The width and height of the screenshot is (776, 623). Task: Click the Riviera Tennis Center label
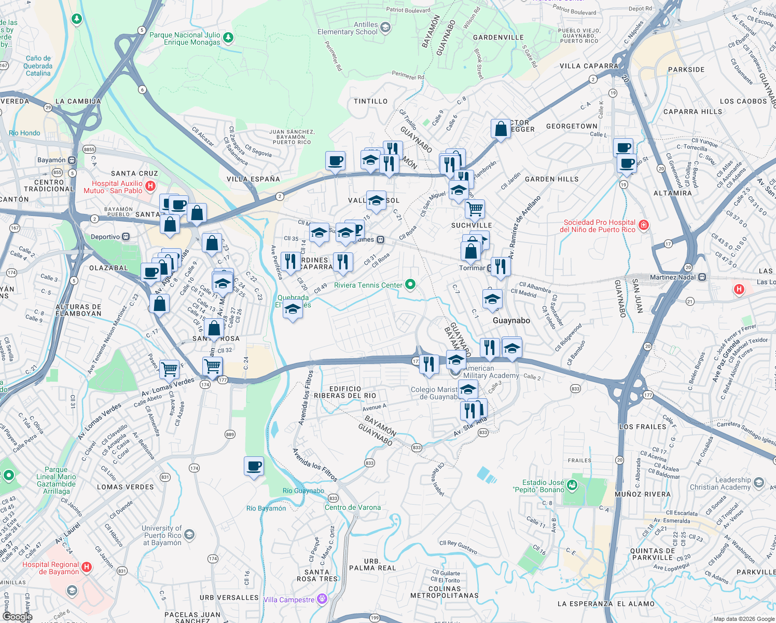(x=368, y=285)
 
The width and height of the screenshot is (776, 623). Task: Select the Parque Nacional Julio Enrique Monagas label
(x=185, y=38)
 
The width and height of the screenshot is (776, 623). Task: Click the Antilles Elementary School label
(x=348, y=28)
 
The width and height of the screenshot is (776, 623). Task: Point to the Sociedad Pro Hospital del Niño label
(x=599, y=226)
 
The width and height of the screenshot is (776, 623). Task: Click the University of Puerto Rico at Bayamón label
(x=162, y=535)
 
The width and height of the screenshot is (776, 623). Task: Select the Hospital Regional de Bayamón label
(x=51, y=568)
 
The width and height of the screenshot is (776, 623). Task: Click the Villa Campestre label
(x=289, y=600)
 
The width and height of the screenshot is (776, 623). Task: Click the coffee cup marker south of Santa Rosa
(x=254, y=466)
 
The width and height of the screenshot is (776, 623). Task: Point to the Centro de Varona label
(x=353, y=507)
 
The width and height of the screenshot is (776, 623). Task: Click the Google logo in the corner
(x=17, y=616)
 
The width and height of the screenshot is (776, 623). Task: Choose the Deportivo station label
(x=105, y=237)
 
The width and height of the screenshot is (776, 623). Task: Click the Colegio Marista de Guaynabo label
(x=434, y=393)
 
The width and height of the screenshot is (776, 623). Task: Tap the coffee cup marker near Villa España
(x=335, y=161)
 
